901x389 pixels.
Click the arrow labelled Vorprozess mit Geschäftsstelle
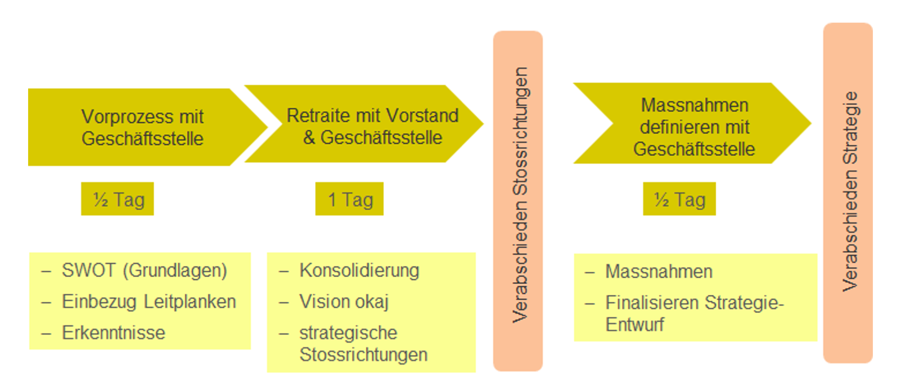click(142, 127)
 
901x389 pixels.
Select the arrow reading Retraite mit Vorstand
click(372, 126)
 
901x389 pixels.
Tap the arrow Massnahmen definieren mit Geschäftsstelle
click(694, 127)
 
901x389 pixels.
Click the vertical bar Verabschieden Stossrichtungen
click(518, 201)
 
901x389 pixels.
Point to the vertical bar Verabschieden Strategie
click(848, 193)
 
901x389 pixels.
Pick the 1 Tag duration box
click(350, 199)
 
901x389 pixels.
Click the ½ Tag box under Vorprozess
click(118, 199)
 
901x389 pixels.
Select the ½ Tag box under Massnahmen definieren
click(679, 199)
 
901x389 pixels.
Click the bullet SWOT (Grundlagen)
click(144, 270)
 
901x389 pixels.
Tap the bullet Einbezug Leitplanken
click(149, 301)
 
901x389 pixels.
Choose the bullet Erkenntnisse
click(114, 333)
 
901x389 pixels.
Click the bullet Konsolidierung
click(359, 270)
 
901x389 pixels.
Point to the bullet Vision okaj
click(344, 301)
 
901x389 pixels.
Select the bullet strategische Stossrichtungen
click(363, 344)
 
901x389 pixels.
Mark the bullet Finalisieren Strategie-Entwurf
click(694, 313)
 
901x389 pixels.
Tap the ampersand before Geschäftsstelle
click(309, 138)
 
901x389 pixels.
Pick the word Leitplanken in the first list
click(190, 301)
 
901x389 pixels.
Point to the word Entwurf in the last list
click(635, 325)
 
